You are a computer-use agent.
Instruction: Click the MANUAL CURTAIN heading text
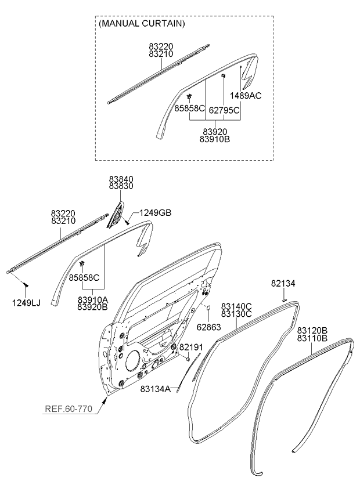pos(142,24)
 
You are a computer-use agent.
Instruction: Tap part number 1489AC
pos(246,96)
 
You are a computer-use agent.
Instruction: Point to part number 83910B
pos(214,139)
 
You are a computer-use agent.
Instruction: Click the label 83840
pos(121,180)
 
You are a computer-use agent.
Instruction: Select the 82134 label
pos(283,283)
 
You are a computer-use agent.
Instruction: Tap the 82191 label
pos(190,347)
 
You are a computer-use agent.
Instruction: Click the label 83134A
pos(155,389)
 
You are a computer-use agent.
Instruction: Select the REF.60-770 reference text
pos(68,408)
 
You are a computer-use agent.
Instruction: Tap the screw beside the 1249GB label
pos(128,222)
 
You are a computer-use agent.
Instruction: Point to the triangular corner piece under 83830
pos(118,214)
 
